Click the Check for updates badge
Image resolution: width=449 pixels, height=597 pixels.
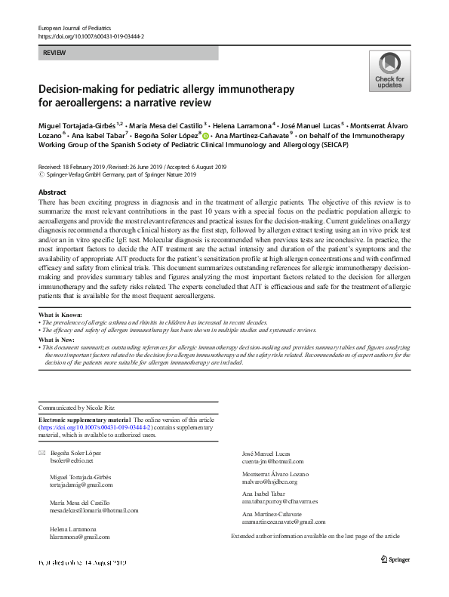pyautogui.click(x=389, y=71)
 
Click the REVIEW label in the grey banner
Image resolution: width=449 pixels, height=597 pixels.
pyautogui.click(x=54, y=53)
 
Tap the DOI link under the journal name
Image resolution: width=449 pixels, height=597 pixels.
pyautogui.click(x=91, y=36)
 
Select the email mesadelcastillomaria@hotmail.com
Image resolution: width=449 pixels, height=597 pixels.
pyautogui.click(x=95, y=510)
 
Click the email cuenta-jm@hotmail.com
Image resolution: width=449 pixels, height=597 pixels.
pyautogui.click(x=272, y=460)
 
